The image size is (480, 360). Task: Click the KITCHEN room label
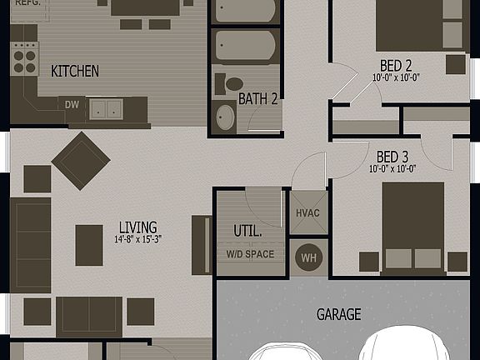75,71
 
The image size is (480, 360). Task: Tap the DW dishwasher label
72,104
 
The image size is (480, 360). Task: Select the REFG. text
27,3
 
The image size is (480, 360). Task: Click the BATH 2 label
257,98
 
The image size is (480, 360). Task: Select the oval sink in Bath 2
226,116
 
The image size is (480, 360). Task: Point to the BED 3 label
392,156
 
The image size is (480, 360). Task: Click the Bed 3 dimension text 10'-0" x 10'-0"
392,168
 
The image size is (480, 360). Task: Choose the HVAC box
307,212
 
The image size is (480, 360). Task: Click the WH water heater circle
307,257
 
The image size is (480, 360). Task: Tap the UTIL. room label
247,231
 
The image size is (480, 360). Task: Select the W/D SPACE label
244,254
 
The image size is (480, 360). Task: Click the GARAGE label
339,314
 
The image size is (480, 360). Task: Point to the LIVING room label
137,227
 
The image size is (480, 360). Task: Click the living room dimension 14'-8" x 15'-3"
137,239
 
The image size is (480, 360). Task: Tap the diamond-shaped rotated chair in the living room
81,160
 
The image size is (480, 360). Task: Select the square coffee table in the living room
89,245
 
